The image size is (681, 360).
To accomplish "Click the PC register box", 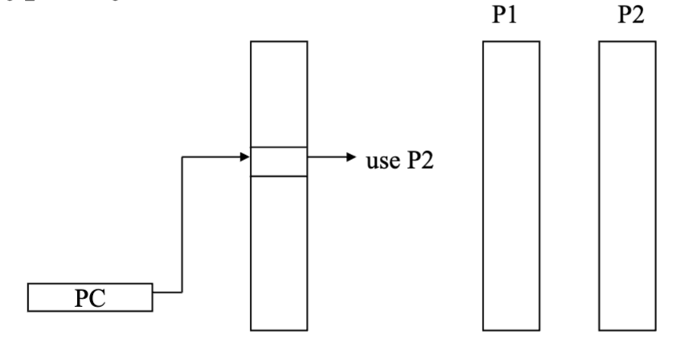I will click(x=90, y=298).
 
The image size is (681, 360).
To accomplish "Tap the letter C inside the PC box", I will click(x=100, y=298).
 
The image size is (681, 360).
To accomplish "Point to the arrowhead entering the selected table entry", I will click(x=246, y=157).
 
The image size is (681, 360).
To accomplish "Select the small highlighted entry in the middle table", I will click(x=279, y=161).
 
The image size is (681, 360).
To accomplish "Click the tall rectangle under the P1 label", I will click(x=511, y=185).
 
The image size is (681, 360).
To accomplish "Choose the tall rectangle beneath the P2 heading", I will click(x=627, y=185).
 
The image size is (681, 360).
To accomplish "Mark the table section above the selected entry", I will click(x=279, y=92).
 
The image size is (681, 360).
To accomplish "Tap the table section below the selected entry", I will click(x=279, y=253).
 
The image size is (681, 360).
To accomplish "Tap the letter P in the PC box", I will click(x=82, y=298).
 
